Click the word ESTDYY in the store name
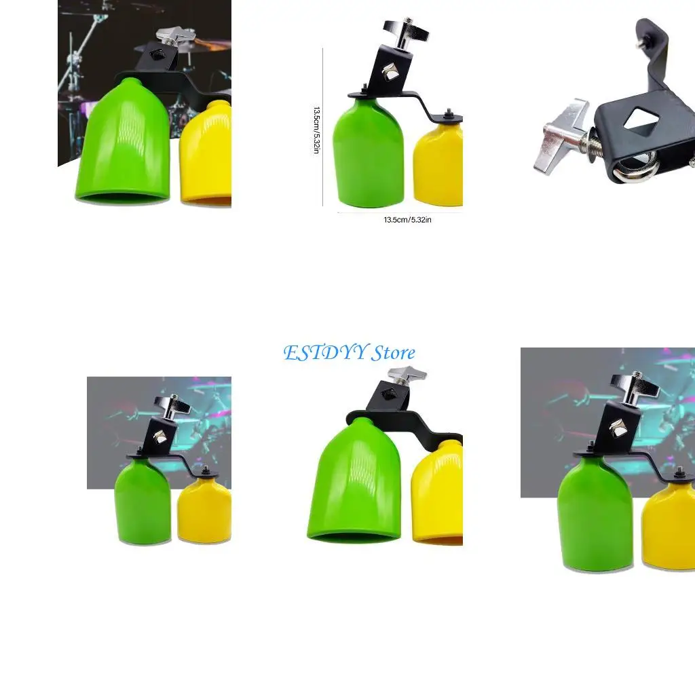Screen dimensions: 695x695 pyautogui.click(x=326, y=353)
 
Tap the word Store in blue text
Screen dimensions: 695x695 pyautogui.click(x=393, y=353)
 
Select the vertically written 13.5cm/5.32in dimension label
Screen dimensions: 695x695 pyautogui.click(x=316, y=129)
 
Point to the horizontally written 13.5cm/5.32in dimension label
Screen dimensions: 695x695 pyautogui.click(x=407, y=220)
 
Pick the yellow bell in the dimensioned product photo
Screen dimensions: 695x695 pyautogui.click(x=439, y=163)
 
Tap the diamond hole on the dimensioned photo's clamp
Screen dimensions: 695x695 pyautogui.click(x=391, y=73)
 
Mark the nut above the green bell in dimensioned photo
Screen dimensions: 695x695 pyautogui.click(x=364, y=89)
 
